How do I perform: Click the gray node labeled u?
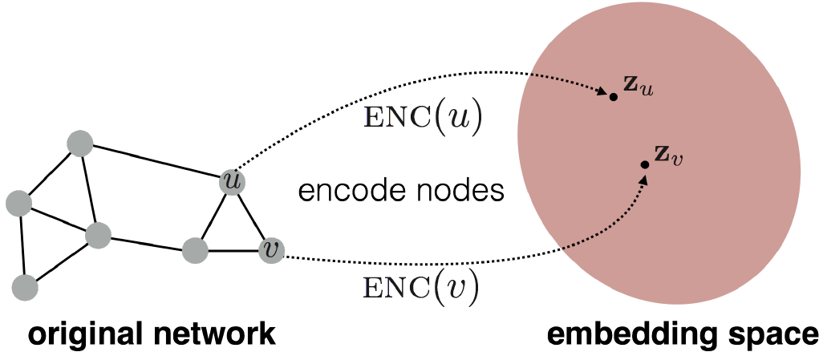233,182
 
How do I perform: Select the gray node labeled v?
272,251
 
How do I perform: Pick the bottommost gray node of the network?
26,286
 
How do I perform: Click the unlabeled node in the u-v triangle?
195,250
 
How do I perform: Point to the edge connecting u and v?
252,216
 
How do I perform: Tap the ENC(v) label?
421,287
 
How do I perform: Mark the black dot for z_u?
613,96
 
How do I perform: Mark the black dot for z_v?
645,164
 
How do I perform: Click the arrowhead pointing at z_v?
643,177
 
